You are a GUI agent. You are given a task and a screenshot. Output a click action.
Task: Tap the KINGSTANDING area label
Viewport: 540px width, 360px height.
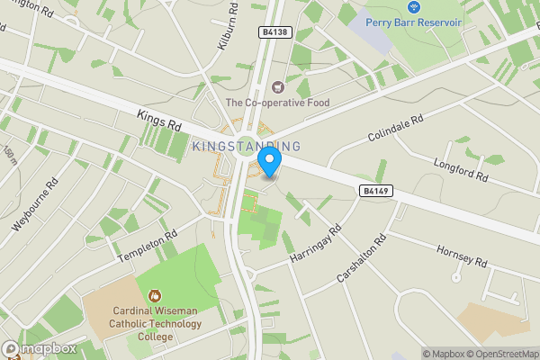[x=247, y=146]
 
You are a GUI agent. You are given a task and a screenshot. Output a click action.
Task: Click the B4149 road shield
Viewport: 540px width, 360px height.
[x=376, y=191]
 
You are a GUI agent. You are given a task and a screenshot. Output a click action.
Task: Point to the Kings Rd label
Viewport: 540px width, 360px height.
[x=160, y=122]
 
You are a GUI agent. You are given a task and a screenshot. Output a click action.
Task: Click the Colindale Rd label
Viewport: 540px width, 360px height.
[x=395, y=129]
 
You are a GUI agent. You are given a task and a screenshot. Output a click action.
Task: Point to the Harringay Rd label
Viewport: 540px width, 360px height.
[x=316, y=244]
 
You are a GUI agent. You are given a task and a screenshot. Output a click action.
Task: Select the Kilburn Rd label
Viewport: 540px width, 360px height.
[x=228, y=27]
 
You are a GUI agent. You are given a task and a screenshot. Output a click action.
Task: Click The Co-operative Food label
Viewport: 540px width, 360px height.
[x=277, y=103]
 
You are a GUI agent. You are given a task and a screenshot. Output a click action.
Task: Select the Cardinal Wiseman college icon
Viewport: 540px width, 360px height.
[x=154, y=294]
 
